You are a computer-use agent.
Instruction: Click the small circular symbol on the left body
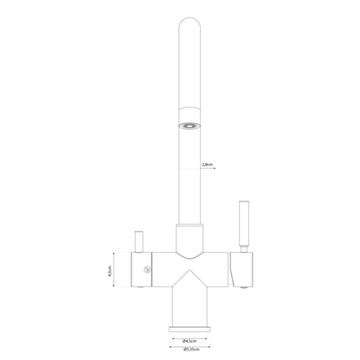pyautogui.click(x=146, y=272)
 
